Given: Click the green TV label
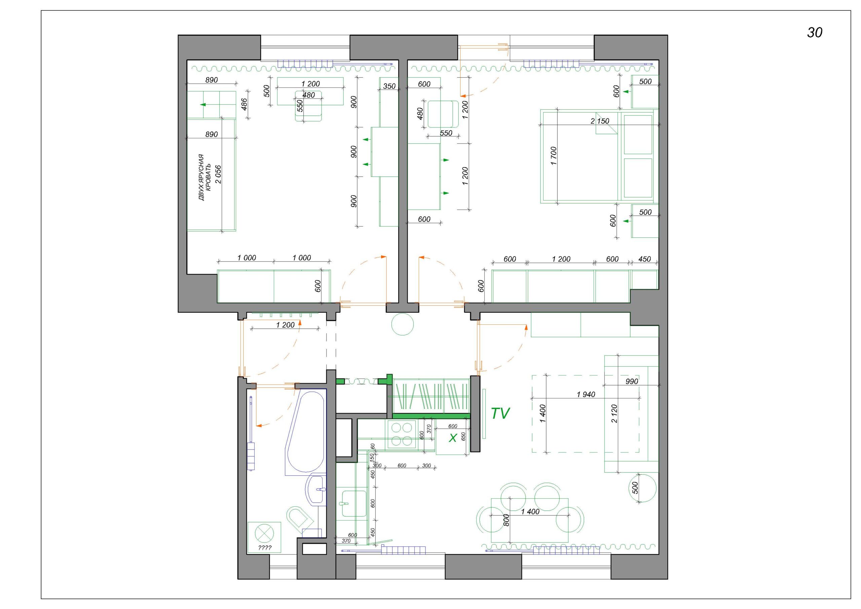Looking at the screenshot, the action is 500,414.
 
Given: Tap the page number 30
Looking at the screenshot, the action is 815,33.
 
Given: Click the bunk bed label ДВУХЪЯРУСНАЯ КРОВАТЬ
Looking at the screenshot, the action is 205,177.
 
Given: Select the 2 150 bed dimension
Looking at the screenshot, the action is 600,121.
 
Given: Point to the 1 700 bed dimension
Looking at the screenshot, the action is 554,156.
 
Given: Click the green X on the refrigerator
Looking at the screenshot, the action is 453,438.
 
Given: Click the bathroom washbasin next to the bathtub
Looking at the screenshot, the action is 316,489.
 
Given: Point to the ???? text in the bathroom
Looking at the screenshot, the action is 264,548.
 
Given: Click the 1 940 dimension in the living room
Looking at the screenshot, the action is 586,394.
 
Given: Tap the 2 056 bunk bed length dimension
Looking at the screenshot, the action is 218,175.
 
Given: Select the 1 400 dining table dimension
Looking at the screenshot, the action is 530,512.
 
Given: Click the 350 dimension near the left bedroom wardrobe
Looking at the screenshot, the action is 389,86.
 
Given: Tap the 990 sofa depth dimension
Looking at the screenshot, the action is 632,382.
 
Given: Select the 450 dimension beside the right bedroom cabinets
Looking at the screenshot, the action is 644,259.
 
